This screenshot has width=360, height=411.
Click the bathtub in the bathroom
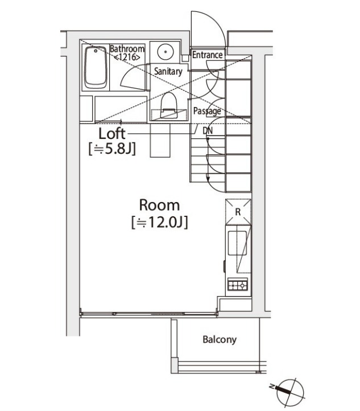tap(96, 68)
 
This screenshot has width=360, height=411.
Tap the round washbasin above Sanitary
tap(165, 52)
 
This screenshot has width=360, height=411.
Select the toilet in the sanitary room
tap(169, 105)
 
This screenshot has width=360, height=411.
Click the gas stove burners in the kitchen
tap(238, 285)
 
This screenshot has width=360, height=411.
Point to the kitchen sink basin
tap(237, 243)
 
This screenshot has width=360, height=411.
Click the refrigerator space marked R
tap(238, 212)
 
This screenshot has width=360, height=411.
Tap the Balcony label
tap(220, 340)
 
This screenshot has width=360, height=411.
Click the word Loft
tap(112, 134)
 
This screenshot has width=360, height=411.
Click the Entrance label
tap(208, 55)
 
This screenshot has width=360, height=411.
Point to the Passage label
tap(207, 111)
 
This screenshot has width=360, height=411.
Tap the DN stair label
tap(208, 130)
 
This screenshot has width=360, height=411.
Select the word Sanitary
tap(168, 71)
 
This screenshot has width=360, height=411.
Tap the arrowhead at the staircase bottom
tap(208, 179)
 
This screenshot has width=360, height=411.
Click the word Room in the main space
tap(159, 205)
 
